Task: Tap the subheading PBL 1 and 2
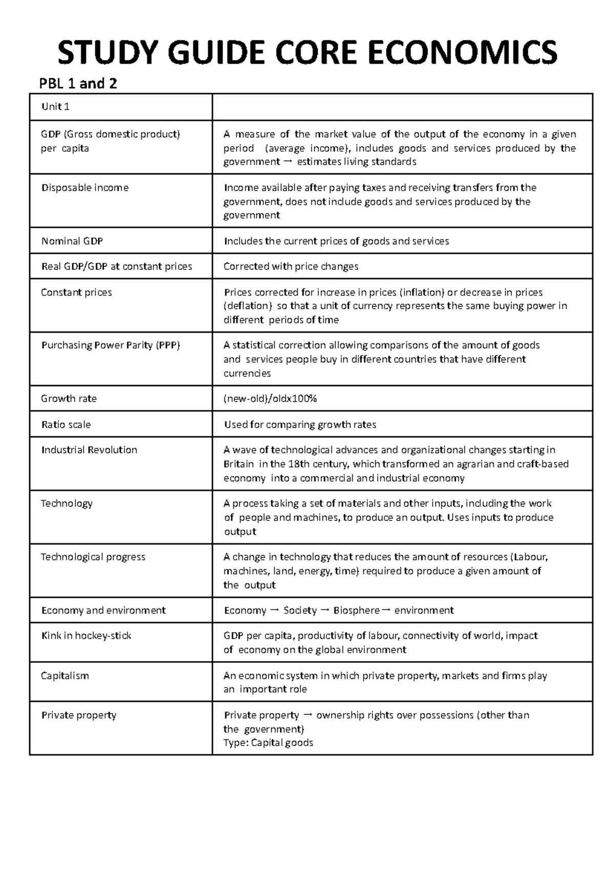pos(78,83)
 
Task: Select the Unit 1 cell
pos(55,107)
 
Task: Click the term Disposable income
pos(85,188)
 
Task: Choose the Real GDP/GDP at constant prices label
pos(116,267)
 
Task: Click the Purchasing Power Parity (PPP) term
pos(110,346)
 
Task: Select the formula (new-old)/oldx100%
pos(270,399)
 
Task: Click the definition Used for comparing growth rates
pos(300,424)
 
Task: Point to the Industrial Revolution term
pos(89,450)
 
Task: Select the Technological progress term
pos(93,557)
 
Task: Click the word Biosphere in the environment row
pos(356,611)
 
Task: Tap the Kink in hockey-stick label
pos(86,636)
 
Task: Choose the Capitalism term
pos(65,676)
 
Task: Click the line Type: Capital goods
pos(268,743)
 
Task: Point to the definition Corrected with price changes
pos(291,267)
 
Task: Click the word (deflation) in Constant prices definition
pos(248,306)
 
